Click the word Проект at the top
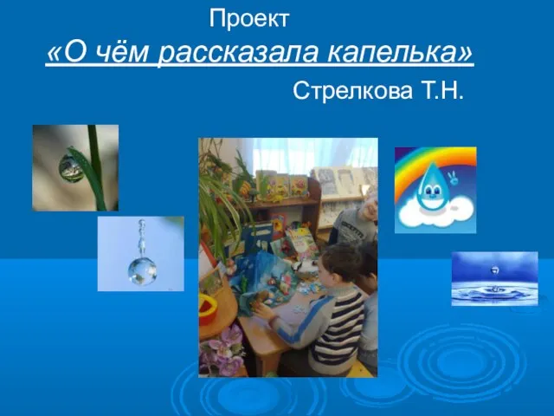coord(249,19)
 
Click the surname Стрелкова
coord(352,90)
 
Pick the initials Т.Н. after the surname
coord(441,90)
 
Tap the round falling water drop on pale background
coord(142,271)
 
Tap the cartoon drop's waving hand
coord(452,178)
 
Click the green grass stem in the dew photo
coord(96,167)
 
